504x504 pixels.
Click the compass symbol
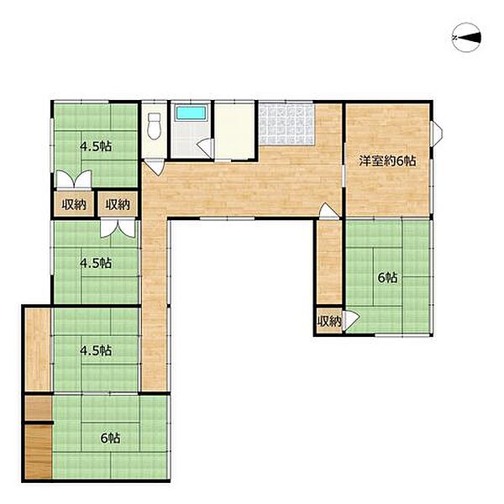click(x=466, y=38)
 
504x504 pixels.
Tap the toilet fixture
click(x=155, y=126)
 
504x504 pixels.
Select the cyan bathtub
click(x=191, y=113)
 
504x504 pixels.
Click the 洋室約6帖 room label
click(x=387, y=160)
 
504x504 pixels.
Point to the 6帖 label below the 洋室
click(x=387, y=277)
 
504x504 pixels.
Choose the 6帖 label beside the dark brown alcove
click(x=110, y=438)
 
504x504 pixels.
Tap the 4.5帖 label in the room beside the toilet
click(x=96, y=146)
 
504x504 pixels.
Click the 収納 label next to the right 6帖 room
click(x=329, y=321)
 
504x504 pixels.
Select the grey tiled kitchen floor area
click(x=286, y=124)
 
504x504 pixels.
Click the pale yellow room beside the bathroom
click(x=234, y=131)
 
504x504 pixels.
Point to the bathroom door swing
click(x=205, y=148)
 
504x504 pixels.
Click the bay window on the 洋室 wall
click(x=437, y=133)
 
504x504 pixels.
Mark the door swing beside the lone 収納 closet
click(x=350, y=321)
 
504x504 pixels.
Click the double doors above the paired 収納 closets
click(x=74, y=180)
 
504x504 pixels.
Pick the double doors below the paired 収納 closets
click(x=118, y=228)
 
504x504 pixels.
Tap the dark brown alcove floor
click(x=39, y=453)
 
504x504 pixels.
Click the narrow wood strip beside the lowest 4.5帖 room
click(x=38, y=349)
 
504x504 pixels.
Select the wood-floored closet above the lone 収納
click(x=329, y=261)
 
